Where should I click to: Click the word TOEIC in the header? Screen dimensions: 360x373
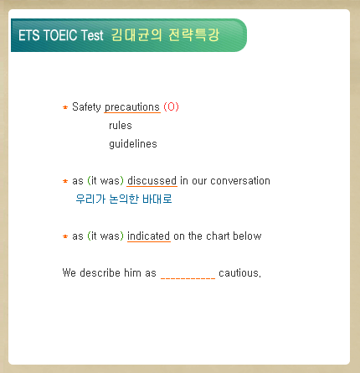60,35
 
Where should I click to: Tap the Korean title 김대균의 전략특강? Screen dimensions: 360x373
166,35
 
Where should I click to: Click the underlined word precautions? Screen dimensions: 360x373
132,107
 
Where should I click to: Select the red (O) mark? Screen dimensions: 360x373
171,106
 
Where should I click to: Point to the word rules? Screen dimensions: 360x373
121,126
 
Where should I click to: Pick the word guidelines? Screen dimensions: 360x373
133,144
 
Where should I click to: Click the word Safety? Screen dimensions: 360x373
86,107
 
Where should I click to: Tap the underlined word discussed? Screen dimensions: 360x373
152,181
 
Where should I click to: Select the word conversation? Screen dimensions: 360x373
240,181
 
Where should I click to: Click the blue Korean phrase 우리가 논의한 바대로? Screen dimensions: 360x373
124,199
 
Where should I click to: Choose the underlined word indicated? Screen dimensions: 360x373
148,236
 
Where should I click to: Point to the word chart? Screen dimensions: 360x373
218,236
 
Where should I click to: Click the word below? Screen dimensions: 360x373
247,236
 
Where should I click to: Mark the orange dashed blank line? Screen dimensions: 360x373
188,278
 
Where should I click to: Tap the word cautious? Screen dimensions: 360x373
239,273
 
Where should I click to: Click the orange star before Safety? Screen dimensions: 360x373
65,107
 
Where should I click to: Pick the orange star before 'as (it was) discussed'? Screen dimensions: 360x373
65,181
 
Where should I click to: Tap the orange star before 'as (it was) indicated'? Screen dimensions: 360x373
65,236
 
